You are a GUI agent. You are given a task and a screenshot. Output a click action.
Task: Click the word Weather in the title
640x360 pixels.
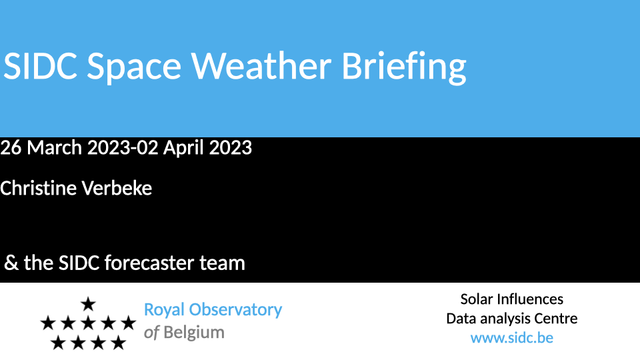click(261, 66)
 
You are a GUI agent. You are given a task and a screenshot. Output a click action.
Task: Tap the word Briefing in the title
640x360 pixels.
click(404, 68)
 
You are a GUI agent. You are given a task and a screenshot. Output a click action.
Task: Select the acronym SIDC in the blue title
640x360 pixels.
click(40, 66)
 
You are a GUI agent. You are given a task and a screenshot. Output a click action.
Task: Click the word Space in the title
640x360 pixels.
click(134, 69)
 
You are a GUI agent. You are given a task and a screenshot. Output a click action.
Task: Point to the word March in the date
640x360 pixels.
click(54, 147)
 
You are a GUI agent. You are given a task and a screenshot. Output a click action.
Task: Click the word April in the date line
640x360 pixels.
click(184, 148)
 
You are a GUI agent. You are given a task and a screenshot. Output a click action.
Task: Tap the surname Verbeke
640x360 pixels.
click(117, 188)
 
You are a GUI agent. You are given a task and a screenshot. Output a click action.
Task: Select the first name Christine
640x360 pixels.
click(39, 188)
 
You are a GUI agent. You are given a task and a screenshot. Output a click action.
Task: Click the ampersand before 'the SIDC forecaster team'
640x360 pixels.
click(11, 263)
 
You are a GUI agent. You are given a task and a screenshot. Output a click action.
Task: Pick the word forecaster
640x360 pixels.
click(149, 263)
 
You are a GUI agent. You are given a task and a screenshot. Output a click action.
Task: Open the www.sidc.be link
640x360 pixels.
click(512, 338)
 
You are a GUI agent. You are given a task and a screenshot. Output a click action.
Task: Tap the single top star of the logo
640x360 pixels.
click(88, 304)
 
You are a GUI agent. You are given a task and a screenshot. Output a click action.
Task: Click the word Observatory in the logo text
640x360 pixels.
click(235, 310)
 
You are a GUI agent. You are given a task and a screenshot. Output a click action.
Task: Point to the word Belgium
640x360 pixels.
click(194, 333)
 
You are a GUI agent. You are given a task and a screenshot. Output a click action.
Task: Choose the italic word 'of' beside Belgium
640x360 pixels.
click(151, 333)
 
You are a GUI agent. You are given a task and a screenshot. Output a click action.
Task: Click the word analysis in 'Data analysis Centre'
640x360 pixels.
click(503, 319)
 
